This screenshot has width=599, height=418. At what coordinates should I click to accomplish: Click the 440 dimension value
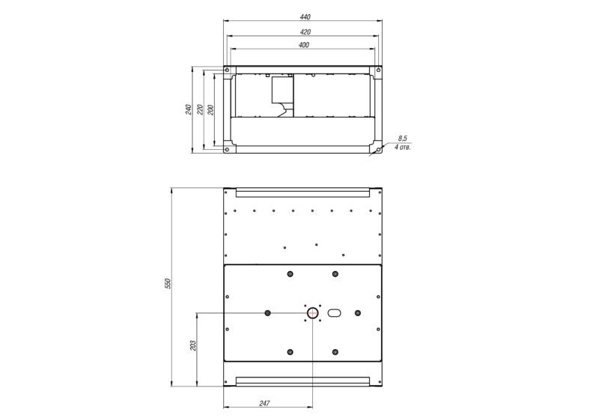[305, 16]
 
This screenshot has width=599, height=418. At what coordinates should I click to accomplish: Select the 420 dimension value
[305, 32]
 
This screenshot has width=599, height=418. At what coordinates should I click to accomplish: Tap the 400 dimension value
[304, 45]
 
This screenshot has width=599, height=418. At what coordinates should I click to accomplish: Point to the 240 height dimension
[189, 109]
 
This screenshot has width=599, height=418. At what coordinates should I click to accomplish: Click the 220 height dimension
[200, 109]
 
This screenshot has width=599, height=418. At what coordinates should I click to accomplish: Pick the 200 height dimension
[210, 109]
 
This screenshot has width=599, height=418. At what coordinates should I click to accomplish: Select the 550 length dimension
[168, 283]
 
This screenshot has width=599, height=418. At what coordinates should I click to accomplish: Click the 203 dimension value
[193, 346]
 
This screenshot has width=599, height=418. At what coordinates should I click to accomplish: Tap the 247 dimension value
[264, 404]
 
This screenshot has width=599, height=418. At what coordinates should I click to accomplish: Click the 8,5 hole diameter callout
[403, 139]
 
